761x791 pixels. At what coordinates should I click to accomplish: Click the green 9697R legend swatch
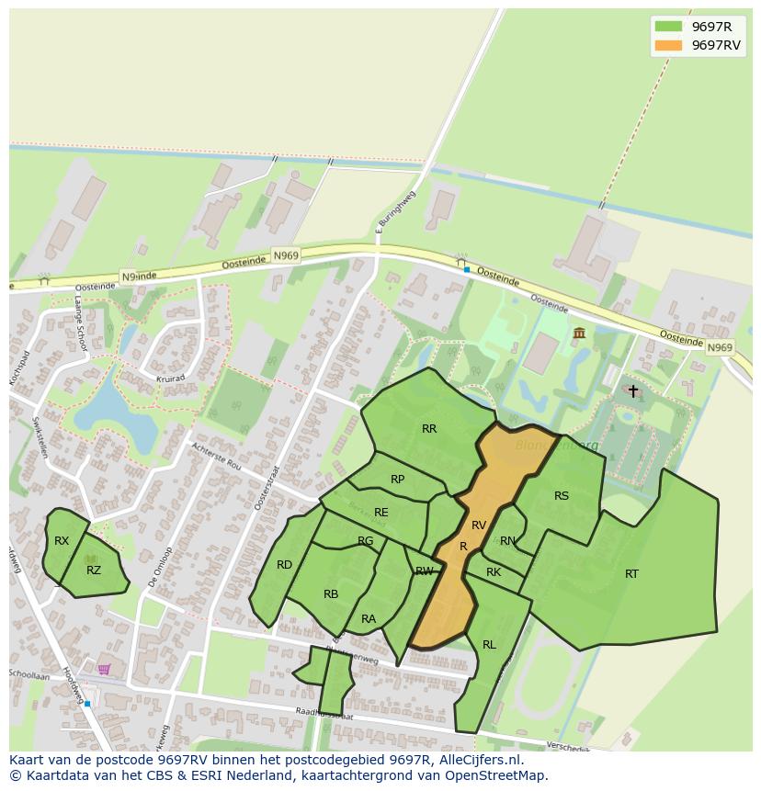coord(668,26)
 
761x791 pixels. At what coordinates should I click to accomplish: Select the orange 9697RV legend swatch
coord(668,45)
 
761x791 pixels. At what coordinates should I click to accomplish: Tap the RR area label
coord(429,429)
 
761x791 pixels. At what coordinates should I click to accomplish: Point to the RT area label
coord(631,574)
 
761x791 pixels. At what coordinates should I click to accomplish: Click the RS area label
coord(562,496)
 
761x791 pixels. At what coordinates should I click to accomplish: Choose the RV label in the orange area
coord(479,525)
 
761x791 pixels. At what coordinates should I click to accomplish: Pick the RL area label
coord(489,645)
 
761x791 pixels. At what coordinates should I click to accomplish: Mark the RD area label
coord(285,565)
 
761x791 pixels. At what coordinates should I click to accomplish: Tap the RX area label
coord(62,541)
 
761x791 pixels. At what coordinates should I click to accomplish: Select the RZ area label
coord(94,571)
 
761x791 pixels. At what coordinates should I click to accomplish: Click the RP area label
coord(397,480)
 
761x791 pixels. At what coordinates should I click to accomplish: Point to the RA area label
coord(369,619)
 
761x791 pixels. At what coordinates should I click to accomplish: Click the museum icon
coord(579,333)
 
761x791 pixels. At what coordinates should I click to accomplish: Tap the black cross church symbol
coord(632,390)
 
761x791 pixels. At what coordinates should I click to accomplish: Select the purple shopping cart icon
coord(104,669)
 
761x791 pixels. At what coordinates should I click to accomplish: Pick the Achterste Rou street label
coord(216,455)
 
